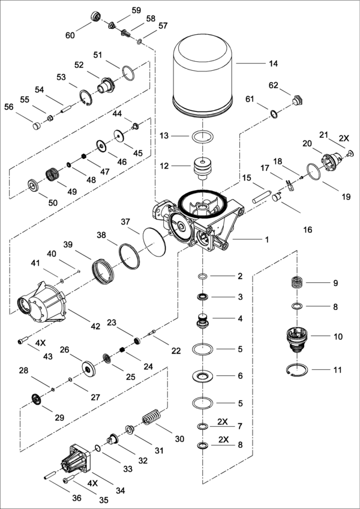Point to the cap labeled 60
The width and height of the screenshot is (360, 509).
[95, 16]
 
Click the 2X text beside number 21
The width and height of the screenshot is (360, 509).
[343, 137]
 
